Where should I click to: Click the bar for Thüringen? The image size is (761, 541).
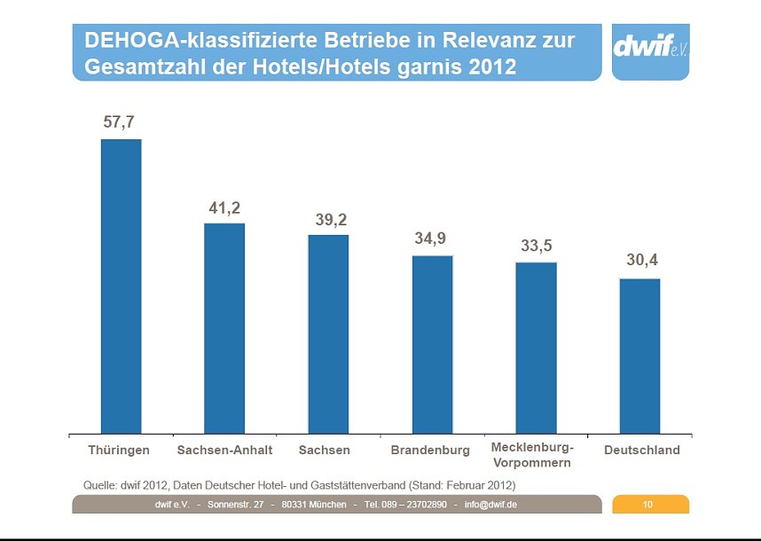point(121,286)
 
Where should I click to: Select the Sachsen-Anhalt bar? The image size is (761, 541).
point(224,328)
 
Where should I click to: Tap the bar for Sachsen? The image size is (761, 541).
point(328,333)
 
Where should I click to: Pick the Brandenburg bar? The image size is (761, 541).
point(432,344)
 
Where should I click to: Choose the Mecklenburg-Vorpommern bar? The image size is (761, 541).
point(536,348)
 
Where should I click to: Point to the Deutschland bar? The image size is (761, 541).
point(639,356)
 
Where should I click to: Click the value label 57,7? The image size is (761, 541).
point(119,122)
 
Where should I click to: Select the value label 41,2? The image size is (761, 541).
point(224,208)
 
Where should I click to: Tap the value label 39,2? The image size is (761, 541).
point(331,220)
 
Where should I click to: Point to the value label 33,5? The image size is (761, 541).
point(536,246)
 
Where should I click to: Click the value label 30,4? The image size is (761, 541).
point(641,261)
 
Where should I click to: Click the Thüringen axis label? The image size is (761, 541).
point(119,451)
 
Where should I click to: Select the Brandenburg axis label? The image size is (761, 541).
point(430,451)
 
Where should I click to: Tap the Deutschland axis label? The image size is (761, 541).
point(641,451)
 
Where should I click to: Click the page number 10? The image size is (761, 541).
point(648,505)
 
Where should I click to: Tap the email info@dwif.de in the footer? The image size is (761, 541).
point(490,505)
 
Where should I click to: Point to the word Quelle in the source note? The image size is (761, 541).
point(99,485)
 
